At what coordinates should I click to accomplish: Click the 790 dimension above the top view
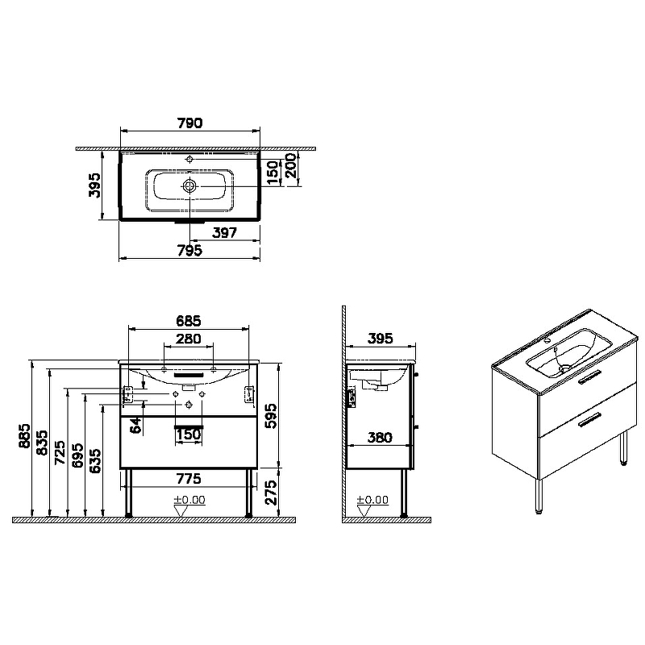pos(189,123)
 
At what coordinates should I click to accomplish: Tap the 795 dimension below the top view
pos(189,250)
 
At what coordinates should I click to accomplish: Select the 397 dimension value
pos(225,233)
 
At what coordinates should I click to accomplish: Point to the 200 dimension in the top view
pos(291,165)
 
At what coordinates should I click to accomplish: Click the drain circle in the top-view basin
pos(189,186)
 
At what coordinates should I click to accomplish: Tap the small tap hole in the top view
pos(189,159)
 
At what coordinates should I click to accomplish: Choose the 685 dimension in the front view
pos(189,320)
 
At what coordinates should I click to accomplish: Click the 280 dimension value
pos(189,339)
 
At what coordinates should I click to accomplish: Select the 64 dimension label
pos(135,426)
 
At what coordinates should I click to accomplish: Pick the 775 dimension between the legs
pos(189,479)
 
